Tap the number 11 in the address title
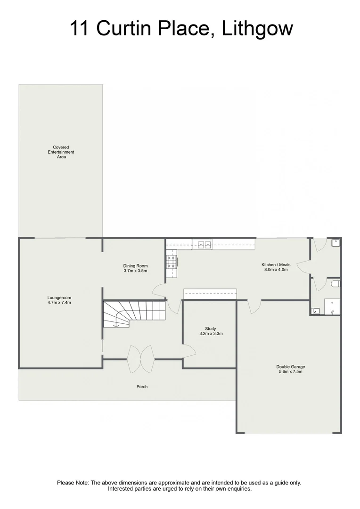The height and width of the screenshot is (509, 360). pyautogui.click(x=81, y=28)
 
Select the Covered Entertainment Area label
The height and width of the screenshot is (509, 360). pyautogui.click(x=61, y=152)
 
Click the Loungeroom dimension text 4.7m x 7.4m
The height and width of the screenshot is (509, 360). pyautogui.click(x=59, y=303)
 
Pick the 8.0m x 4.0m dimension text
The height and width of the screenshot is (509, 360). pyautogui.click(x=275, y=270)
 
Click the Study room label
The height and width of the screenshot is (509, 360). pyautogui.click(x=211, y=328)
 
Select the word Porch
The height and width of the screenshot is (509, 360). pyautogui.click(x=142, y=386)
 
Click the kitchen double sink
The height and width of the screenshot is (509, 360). pyautogui.click(x=205, y=244)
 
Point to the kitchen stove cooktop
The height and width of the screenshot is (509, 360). pyautogui.click(x=172, y=262)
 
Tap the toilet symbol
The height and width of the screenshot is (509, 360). pyautogui.click(x=335, y=284)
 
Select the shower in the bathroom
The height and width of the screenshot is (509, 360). pyautogui.click(x=331, y=307)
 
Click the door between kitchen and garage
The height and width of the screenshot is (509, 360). pyautogui.click(x=254, y=306)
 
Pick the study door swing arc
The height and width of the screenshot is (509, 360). pyautogui.click(x=189, y=351)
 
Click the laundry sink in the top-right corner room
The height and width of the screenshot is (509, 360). pyautogui.click(x=335, y=243)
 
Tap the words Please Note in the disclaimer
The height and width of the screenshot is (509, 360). pyautogui.click(x=73, y=483)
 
